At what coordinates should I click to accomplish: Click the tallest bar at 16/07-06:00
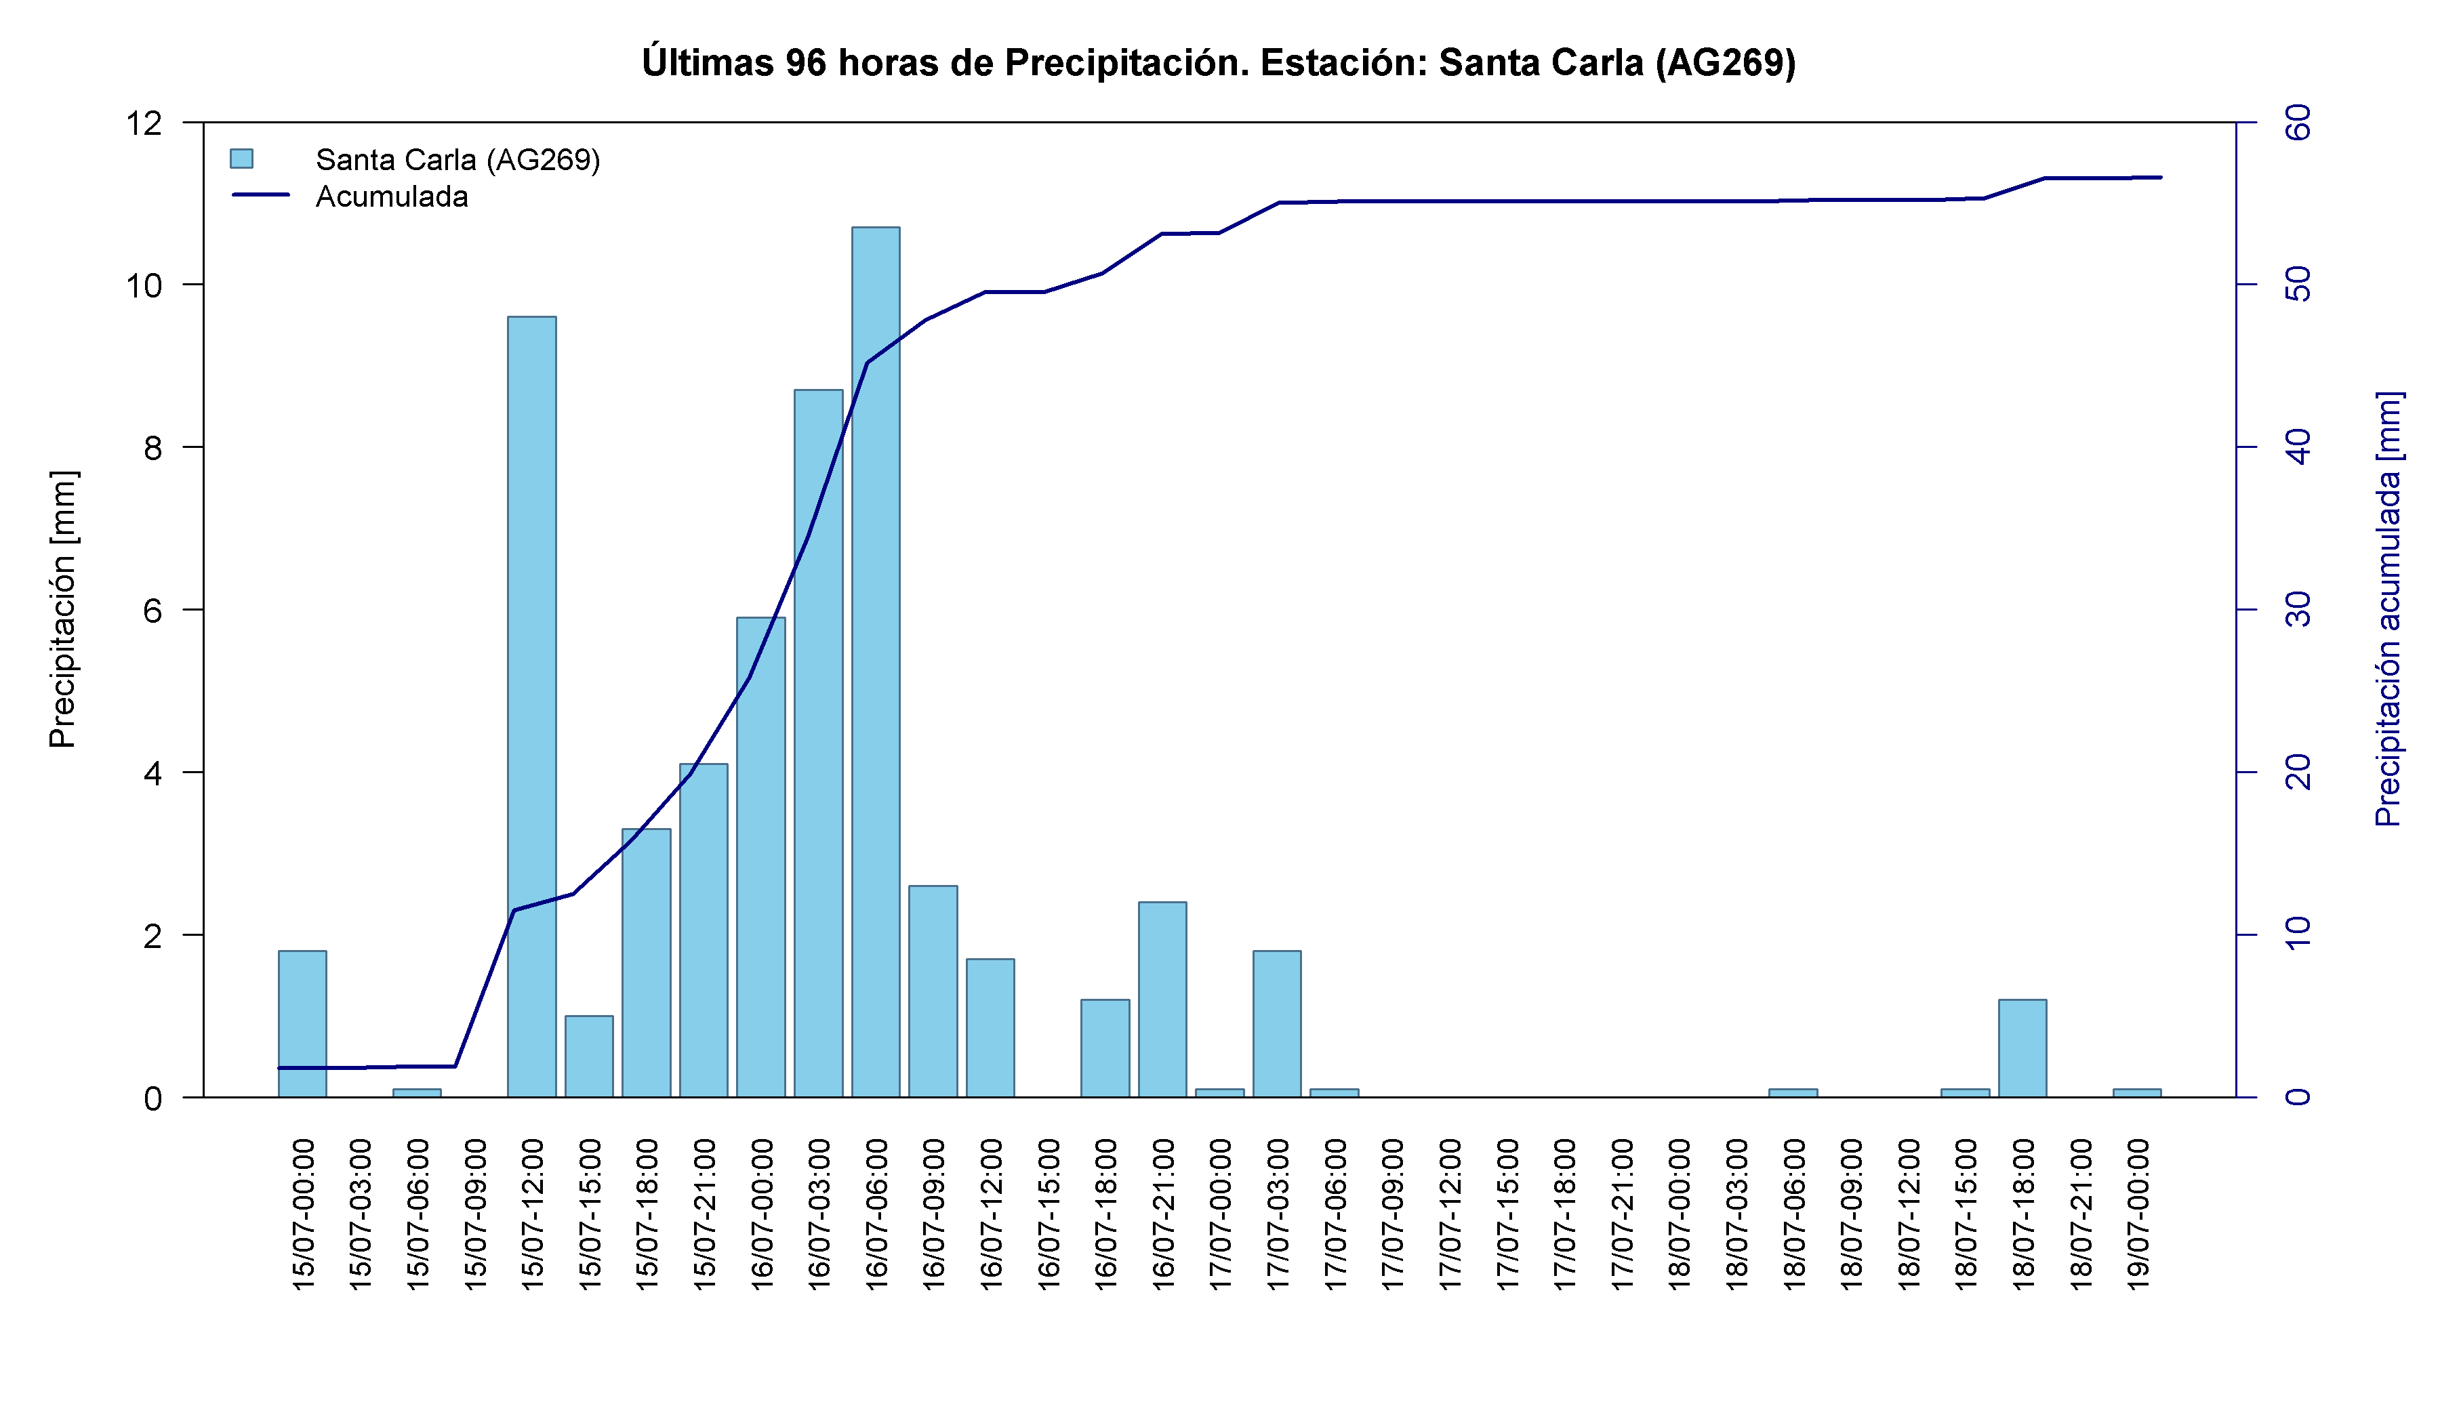tap(875, 662)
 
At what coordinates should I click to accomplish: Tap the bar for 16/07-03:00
tap(818, 743)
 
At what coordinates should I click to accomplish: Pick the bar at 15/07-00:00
tap(302, 1024)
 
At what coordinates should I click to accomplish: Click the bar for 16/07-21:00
tap(1162, 1000)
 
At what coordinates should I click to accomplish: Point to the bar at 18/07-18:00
tap(2022, 1048)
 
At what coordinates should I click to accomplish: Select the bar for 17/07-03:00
tap(1277, 1024)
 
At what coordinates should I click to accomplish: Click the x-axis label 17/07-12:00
tap(1450, 1214)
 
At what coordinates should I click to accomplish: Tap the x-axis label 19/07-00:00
tap(2138, 1214)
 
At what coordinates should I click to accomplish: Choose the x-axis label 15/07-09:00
tap(474, 1214)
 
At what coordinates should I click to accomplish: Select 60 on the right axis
tap(2297, 123)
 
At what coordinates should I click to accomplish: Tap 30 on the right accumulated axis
tap(2297, 610)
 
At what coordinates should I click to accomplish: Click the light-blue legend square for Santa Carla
tap(241, 159)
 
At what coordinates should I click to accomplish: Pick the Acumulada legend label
tap(392, 197)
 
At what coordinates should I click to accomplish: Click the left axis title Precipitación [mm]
tap(62, 610)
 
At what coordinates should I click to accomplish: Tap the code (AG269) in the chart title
tap(1726, 63)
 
